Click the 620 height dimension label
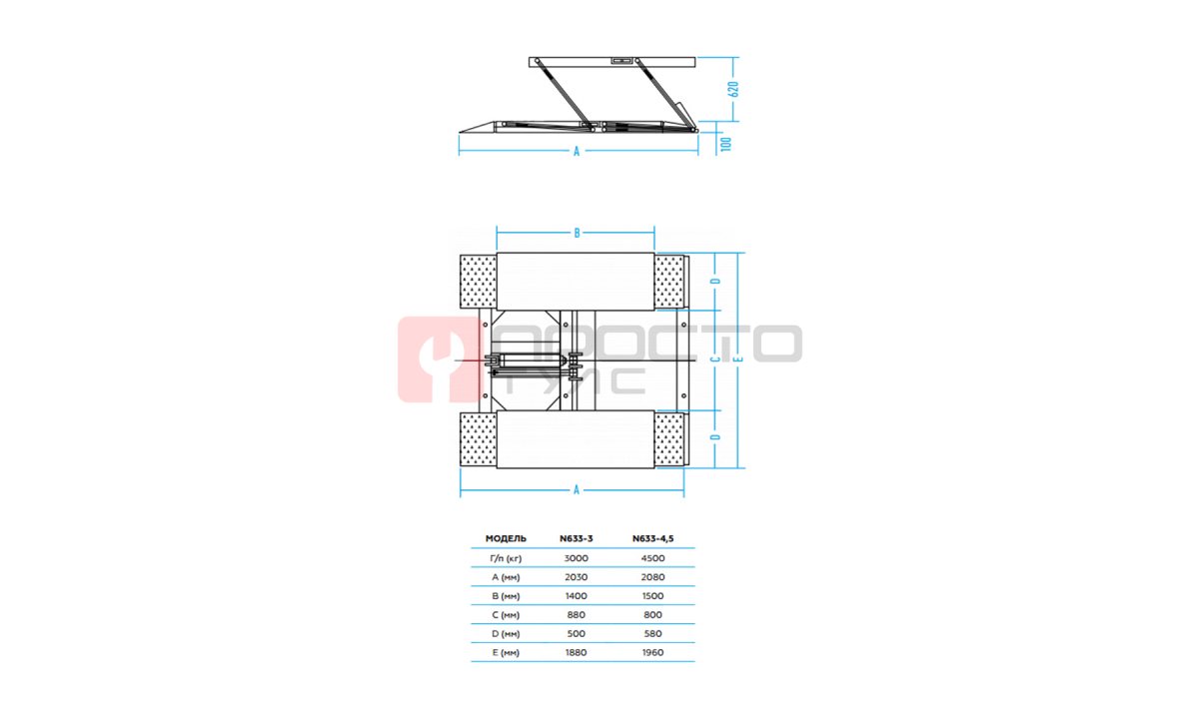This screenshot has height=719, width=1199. coord(735,89)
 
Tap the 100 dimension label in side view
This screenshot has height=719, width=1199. coord(726,144)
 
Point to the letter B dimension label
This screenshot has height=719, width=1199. coord(577,234)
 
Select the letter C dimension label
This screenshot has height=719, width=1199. coord(715,359)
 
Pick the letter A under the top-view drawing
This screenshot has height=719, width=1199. coord(577,490)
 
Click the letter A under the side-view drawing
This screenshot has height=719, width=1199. coord(577,152)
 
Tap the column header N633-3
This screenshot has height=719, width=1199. coord(576,538)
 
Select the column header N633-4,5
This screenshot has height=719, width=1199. coord(653,538)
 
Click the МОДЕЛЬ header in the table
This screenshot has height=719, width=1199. coord(506,538)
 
